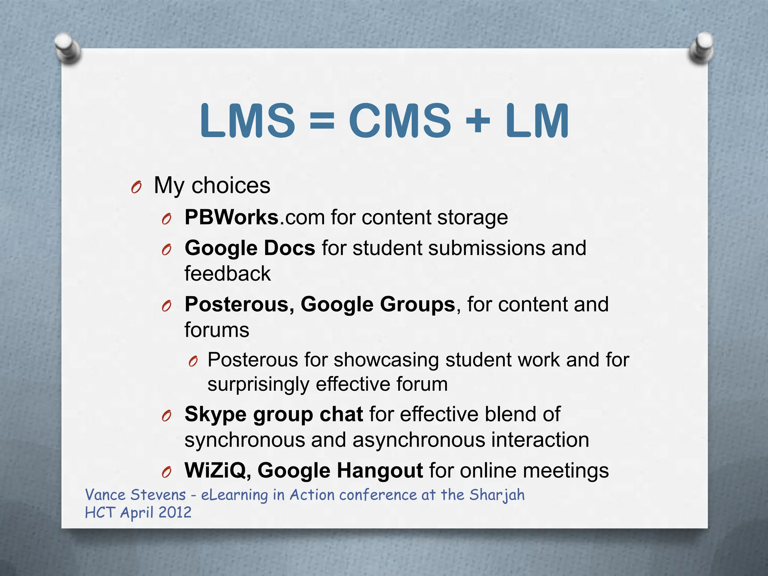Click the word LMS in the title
point(247,121)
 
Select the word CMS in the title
point(400,121)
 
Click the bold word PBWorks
point(231,217)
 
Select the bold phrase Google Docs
point(250,248)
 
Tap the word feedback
point(227,273)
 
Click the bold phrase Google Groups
point(378,304)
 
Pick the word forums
point(217,330)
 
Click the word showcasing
point(386,360)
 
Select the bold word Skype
point(216,414)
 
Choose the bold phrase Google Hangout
point(340,470)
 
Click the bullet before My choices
point(136,187)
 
